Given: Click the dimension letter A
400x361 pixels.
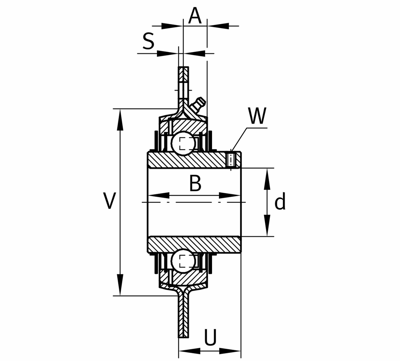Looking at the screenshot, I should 195,16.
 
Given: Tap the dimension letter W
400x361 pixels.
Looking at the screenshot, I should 258,116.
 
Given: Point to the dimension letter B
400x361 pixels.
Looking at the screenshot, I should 195,183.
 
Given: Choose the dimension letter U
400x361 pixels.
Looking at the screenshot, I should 210,338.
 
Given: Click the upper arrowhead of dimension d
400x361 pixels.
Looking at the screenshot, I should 267,177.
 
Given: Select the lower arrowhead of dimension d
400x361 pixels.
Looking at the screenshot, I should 267,228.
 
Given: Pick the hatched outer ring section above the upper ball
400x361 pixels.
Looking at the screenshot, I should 189,126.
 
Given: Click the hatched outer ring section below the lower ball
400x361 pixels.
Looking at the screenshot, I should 189,277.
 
